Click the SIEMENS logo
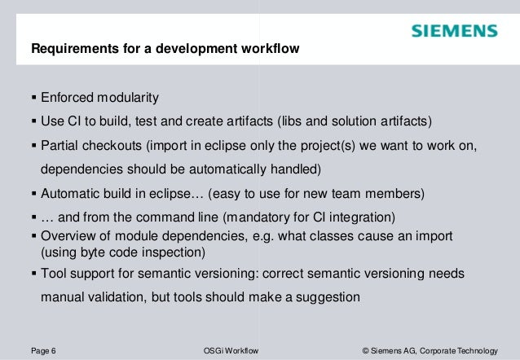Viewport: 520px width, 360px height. click(x=454, y=32)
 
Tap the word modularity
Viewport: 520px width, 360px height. click(x=129, y=99)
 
